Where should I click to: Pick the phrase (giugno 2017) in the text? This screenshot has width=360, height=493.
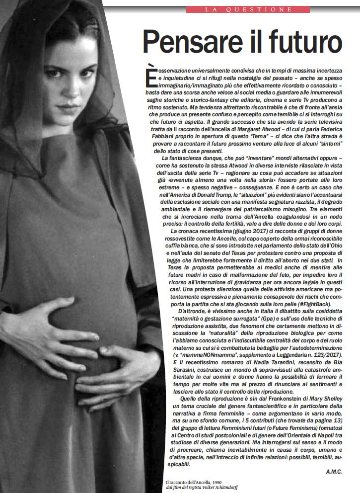(240, 232)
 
